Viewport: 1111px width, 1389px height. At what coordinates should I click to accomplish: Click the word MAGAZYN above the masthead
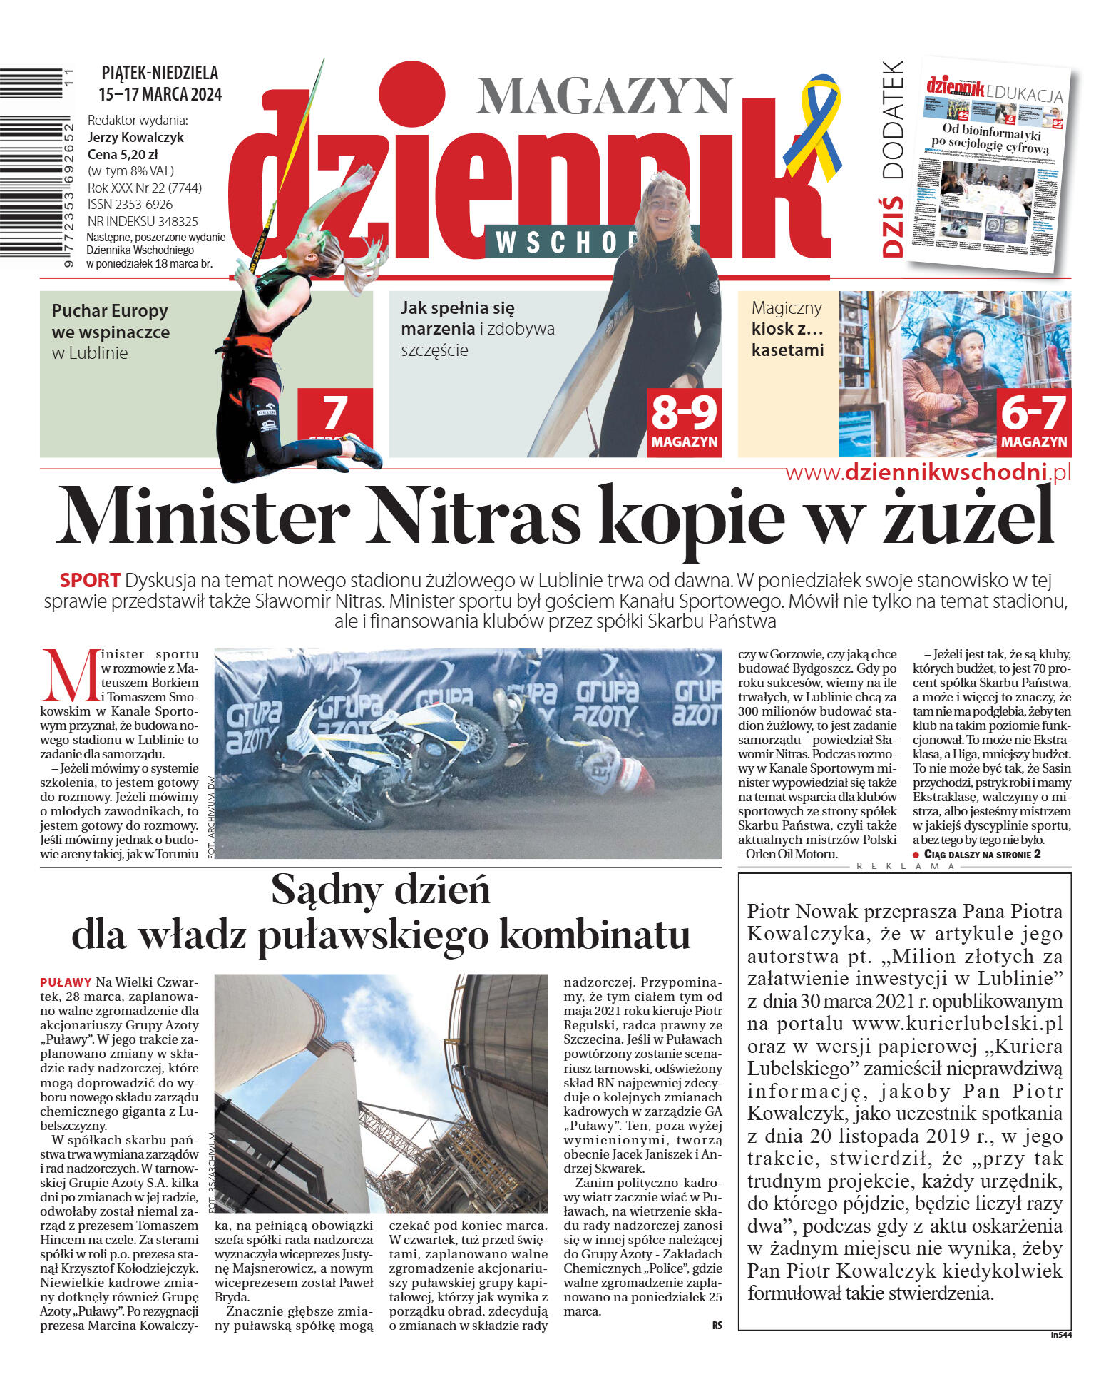604,96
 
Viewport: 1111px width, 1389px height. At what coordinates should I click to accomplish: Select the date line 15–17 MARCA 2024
160,94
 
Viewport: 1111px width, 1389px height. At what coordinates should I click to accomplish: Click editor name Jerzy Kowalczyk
135,137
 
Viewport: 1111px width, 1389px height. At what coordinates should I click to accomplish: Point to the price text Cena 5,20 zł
123,154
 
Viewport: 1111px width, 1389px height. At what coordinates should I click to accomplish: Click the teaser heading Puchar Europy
110,311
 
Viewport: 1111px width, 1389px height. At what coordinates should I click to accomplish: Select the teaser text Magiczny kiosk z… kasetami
787,329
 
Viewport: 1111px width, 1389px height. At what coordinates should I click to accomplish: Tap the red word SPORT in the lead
90,580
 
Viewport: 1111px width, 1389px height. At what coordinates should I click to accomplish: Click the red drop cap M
69,676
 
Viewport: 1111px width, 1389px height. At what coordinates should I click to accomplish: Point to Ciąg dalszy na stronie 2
981,854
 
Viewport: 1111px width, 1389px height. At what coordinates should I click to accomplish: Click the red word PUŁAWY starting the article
66,982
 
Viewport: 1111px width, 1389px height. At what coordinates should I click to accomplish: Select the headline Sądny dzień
381,890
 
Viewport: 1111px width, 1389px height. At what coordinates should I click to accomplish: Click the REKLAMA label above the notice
905,866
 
